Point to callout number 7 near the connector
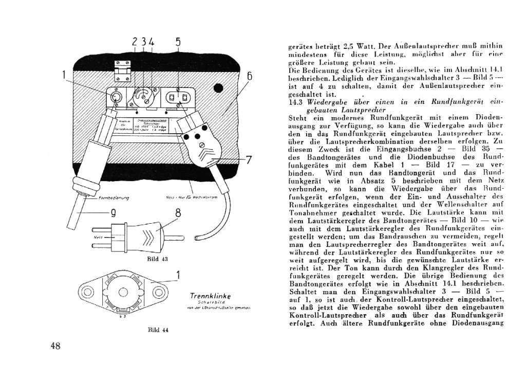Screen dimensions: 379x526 click(249, 160)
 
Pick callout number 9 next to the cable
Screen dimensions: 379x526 click(111, 212)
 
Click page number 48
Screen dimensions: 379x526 click(56, 346)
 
